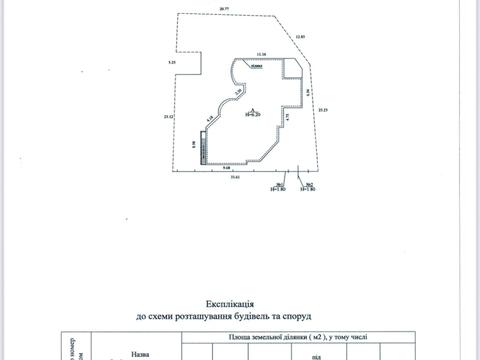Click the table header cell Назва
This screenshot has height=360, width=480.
(142, 353)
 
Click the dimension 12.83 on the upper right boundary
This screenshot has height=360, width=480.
(299, 37)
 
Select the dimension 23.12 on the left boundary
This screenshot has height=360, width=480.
(167, 118)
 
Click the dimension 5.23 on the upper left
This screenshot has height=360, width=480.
(172, 63)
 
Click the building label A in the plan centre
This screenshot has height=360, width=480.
(255, 110)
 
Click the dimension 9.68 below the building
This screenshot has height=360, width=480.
(228, 167)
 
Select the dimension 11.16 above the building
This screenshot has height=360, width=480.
(261, 53)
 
